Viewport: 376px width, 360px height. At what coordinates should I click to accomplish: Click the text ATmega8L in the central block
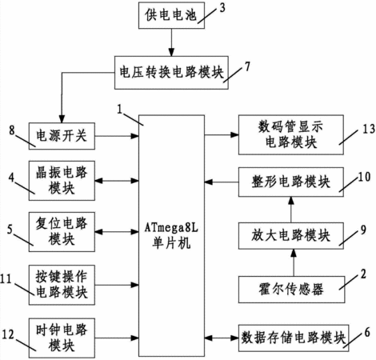(171, 228)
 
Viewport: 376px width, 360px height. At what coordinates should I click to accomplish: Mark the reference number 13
(369, 129)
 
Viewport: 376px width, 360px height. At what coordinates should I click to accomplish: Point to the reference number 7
(247, 66)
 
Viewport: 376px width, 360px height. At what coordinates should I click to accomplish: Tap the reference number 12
(8, 334)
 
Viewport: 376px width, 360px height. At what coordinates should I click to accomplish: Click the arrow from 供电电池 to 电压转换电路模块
(171, 42)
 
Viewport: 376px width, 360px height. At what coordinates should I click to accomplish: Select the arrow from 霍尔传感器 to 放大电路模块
(294, 262)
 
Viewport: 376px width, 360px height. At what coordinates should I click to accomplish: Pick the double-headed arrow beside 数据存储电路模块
(222, 338)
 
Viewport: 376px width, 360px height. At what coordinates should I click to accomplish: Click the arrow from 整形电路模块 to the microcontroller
(222, 182)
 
